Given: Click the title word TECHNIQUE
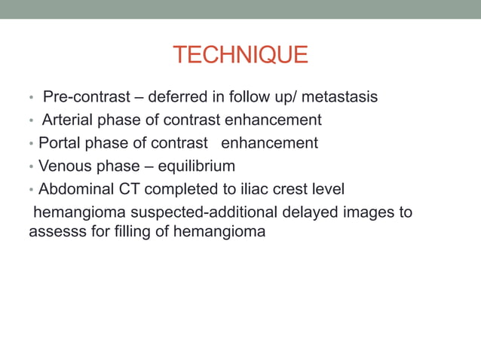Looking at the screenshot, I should coord(240,55).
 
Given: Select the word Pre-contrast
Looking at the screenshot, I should coord(84,97).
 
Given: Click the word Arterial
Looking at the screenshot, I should coord(68,120).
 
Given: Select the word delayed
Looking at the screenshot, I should coord(316,212).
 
